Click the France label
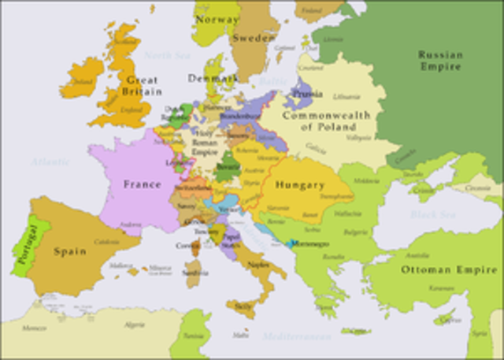(142, 184)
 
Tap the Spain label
(69, 252)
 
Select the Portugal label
(24, 245)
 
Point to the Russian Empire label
(439, 61)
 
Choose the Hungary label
(301, 185)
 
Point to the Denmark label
(212, 79)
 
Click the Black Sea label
(432, 214)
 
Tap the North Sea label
(167, 55)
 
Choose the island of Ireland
(81, 79)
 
